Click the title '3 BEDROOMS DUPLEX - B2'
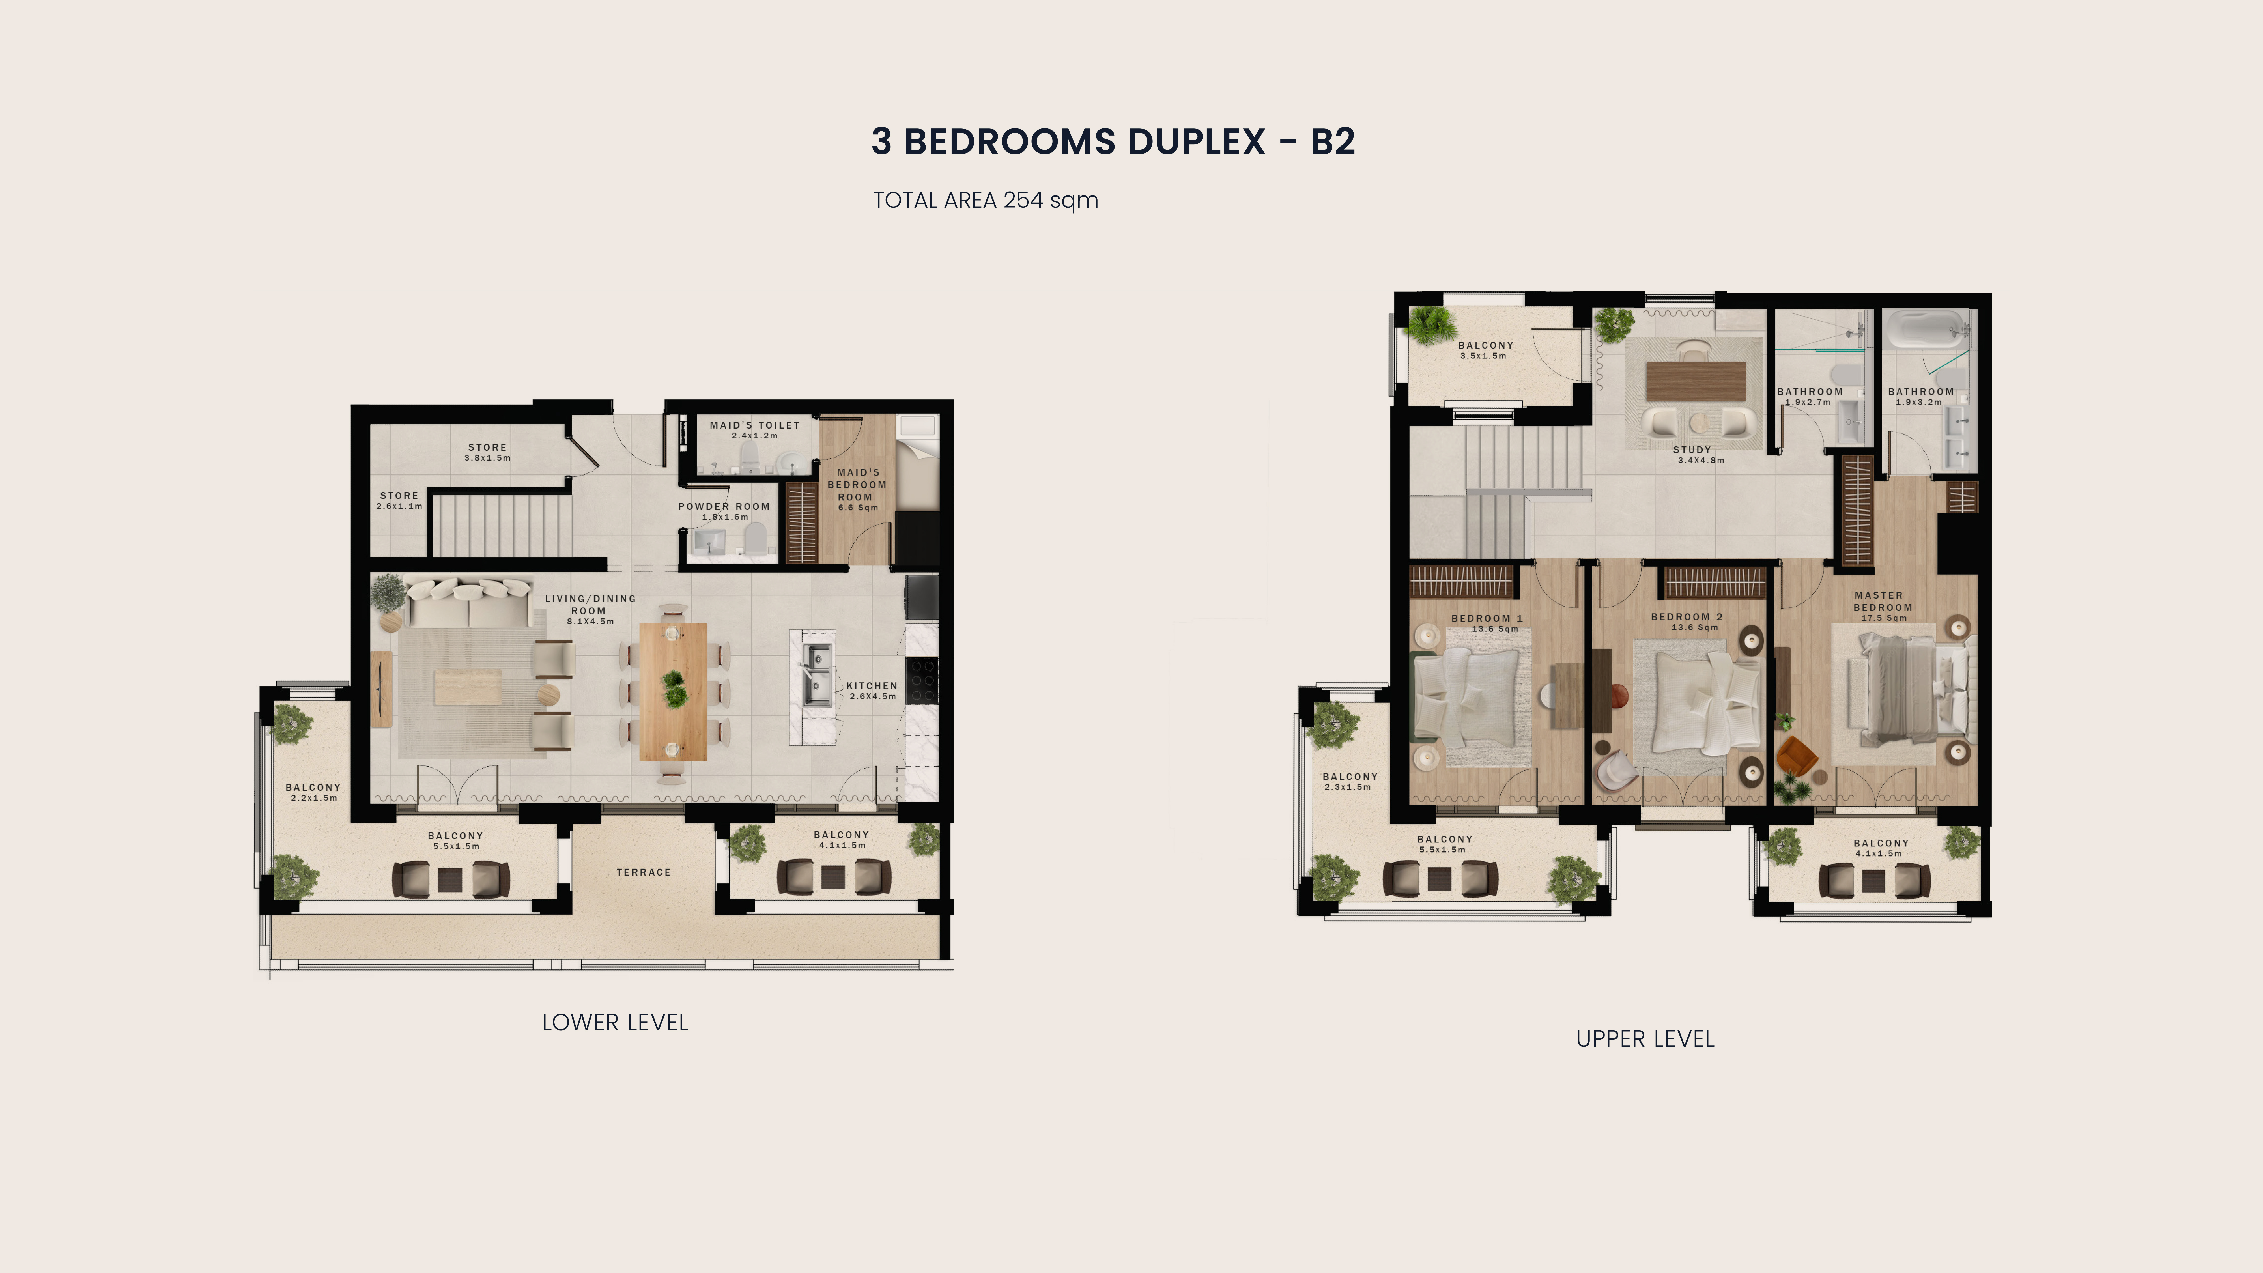[x=1113, y=141]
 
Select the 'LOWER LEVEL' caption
[x=615, y=1023]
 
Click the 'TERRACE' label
[x=643, y=872]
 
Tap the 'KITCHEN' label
[x=872, y=686]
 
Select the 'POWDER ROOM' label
[x=724, y=507]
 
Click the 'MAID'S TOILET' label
[x=755, y=425]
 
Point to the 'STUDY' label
[x=1692, y=450]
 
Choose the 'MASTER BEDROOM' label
[x=1883, y=601]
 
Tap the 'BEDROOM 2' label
[x=1687, y=617]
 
